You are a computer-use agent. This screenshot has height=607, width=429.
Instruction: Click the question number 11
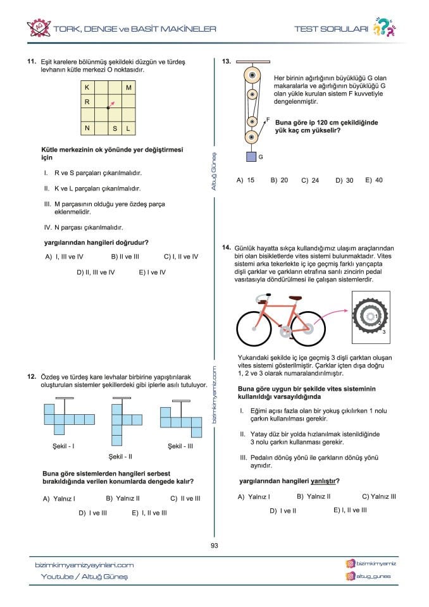pos(30,62)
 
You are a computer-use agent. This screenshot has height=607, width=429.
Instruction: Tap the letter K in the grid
pos(86,87)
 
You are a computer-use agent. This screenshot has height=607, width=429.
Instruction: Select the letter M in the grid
pos(128,87)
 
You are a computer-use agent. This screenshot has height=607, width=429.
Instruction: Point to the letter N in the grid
pos(86,128)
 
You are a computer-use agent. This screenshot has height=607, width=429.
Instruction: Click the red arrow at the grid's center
pos(111,104)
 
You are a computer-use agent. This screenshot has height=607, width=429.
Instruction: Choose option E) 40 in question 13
pos(374,180)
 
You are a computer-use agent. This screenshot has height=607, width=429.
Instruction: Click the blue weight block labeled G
pos(251,156)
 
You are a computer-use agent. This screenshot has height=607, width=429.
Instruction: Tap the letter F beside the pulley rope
pos(268,119)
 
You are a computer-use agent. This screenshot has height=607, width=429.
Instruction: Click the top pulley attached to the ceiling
pos(252,75)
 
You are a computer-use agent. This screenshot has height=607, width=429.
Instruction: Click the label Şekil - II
pos(120,456)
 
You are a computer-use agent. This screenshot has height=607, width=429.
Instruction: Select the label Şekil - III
pos(180,446)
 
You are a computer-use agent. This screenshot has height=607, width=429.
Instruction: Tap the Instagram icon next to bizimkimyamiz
pos(350,563)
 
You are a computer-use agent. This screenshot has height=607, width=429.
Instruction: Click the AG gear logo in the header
pos(39,28)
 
